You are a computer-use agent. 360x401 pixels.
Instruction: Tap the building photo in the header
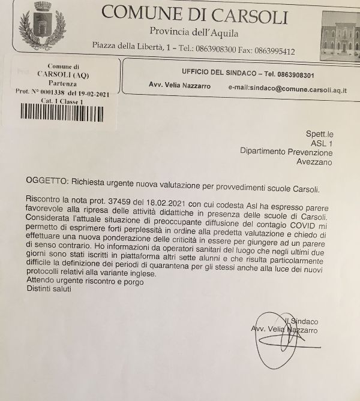pos(338,34)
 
